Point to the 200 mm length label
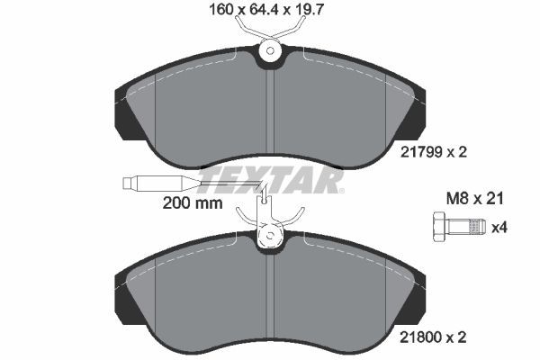pyautogui.click(x=192, y=203)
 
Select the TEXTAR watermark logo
pyautogui.click(x=270, y=181)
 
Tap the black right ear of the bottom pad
pyautogui.click(x=413, y=297)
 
